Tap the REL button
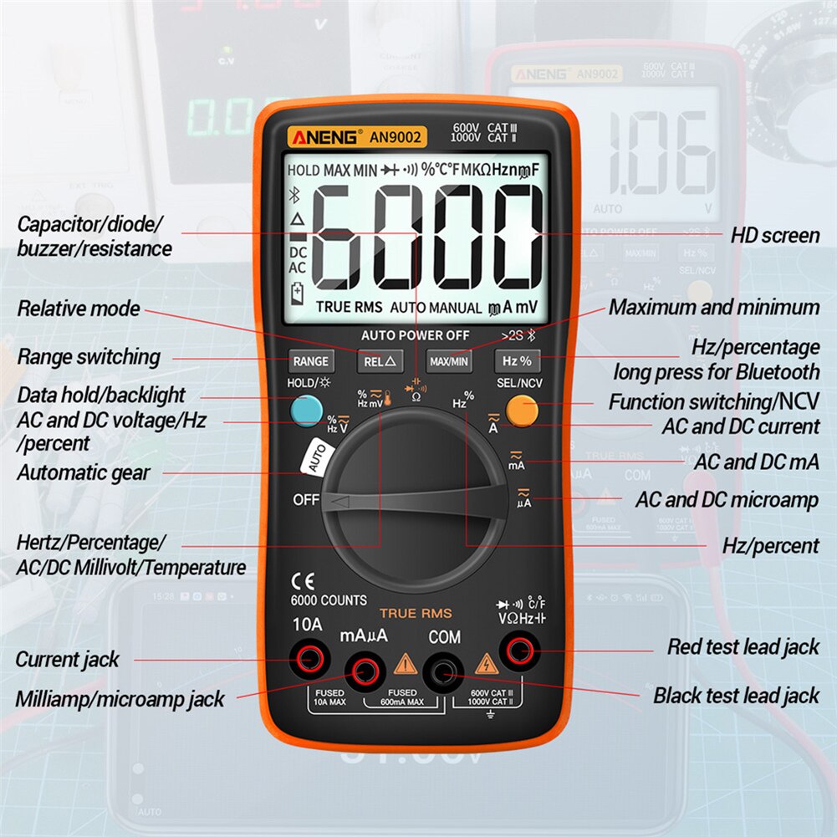(380, 361)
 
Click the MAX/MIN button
(448, 361)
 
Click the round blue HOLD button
(307, 410)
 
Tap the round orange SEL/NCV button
(522, 410)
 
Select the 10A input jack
(307, 661)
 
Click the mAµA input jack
(364, 668)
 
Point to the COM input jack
(442, 668)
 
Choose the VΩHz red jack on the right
(517, 648)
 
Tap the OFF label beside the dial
(306, 500)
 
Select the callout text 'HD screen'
(775, 236)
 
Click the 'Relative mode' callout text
(79, 309)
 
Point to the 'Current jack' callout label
(68, 659)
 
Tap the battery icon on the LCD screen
(298, 293)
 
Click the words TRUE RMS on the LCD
(349, 308)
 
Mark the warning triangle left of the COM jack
(406, 665)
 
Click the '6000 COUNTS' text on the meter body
(329, 600)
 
